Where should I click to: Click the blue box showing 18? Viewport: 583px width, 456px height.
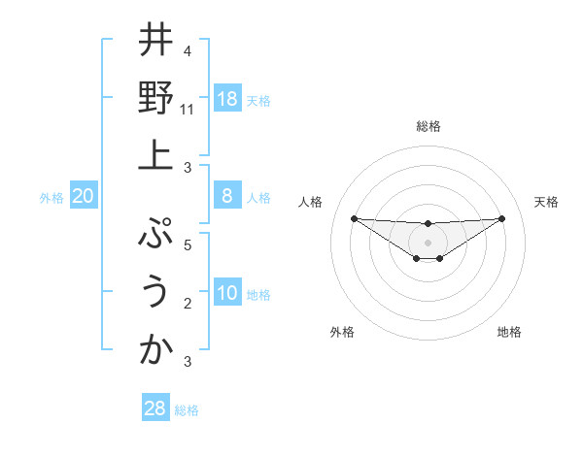[227, 99]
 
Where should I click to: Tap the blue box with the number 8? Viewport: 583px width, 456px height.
[227, 196]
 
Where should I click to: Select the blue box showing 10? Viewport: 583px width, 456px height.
[227, 293]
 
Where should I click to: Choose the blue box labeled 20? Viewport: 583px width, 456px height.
[84, 196]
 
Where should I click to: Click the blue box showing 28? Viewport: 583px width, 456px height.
[155, 408]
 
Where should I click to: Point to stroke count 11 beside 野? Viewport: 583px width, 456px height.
[188, 110]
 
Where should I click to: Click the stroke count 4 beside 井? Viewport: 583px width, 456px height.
[187, 51]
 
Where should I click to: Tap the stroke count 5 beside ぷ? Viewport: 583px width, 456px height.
[187, 245]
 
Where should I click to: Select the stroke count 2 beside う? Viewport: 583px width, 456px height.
[187, 304]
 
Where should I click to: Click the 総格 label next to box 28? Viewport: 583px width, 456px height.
[187, 410]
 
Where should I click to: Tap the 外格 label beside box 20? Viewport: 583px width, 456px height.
[51, 198]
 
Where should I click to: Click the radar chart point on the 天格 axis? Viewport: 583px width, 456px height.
[501, 218]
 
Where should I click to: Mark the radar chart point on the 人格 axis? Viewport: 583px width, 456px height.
[354, 218]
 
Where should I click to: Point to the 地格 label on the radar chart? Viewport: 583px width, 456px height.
[509, 332]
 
